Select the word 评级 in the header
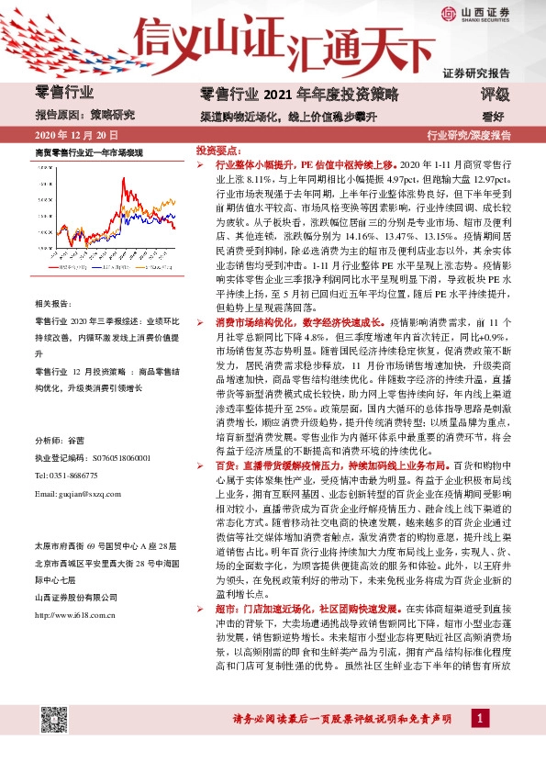[x=495, y=94]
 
